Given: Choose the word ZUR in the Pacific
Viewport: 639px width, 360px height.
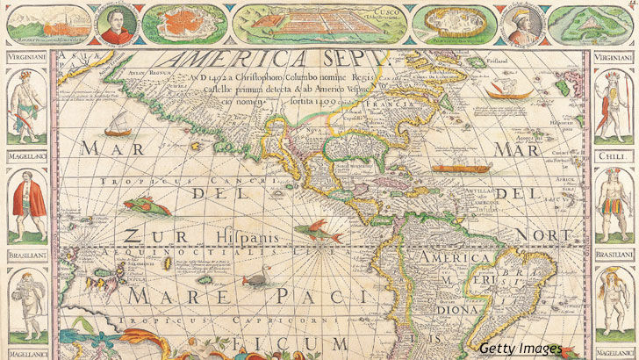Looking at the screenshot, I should coord(145,235).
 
